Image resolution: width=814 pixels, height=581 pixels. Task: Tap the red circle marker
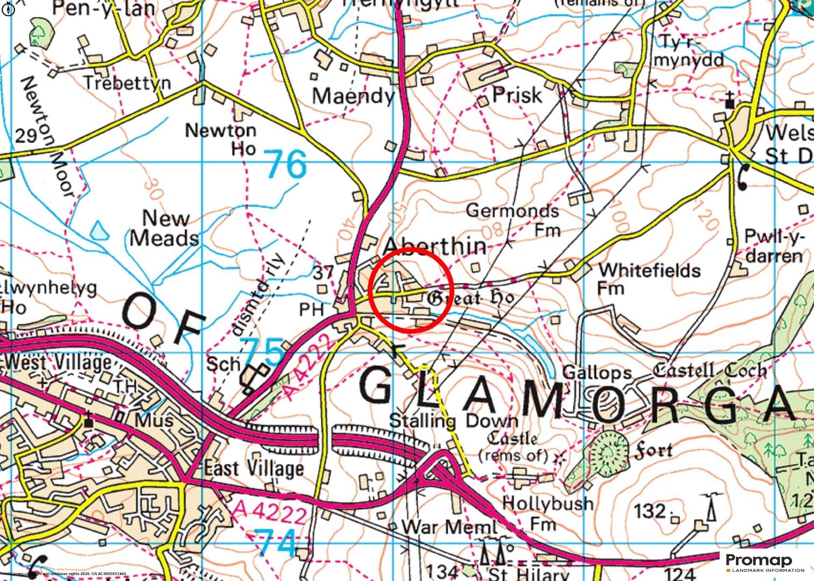pos(410,290)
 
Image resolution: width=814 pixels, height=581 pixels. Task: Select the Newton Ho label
pos(221,138)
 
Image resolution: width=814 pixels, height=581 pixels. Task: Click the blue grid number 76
pos(286,164)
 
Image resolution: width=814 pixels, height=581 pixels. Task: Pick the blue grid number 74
pos(277,542)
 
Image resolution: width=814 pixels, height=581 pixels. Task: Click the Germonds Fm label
pos(513,219)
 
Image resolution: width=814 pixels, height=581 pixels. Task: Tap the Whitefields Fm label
pos(649,278)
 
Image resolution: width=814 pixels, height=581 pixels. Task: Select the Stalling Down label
pos(453,420)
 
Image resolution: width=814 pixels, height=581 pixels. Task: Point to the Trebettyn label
pos(127,83)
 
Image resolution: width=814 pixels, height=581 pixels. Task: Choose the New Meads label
pos(164,228)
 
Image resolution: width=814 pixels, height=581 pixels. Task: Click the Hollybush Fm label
pos(547,513)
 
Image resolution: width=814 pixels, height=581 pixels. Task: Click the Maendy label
pos(353,96)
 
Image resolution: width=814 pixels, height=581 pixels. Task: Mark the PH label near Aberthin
pos(312,309)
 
